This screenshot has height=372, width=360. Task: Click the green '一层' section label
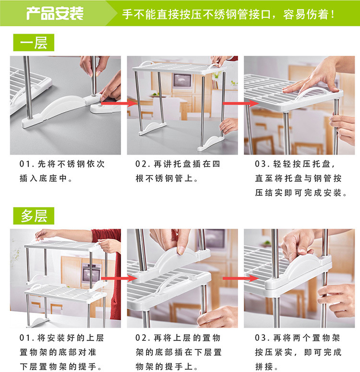tap(34, 42)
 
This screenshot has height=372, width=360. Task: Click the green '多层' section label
tap(34, 216)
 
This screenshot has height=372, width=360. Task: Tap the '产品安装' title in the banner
tap(55, 13)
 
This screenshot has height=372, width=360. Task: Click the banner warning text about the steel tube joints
tap(228, 14)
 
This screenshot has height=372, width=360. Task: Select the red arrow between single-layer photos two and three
tap(240, 103)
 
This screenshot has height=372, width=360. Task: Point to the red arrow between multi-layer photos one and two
tap(119, 278)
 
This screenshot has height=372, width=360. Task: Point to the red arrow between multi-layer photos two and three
tap(240, 278)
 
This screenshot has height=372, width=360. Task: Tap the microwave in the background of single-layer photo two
tap(182, 81)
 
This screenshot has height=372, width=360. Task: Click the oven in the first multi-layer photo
tap(91, 273)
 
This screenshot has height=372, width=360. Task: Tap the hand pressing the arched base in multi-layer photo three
tap(300, 244)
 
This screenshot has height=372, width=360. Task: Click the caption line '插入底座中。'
tap(46, 179)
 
